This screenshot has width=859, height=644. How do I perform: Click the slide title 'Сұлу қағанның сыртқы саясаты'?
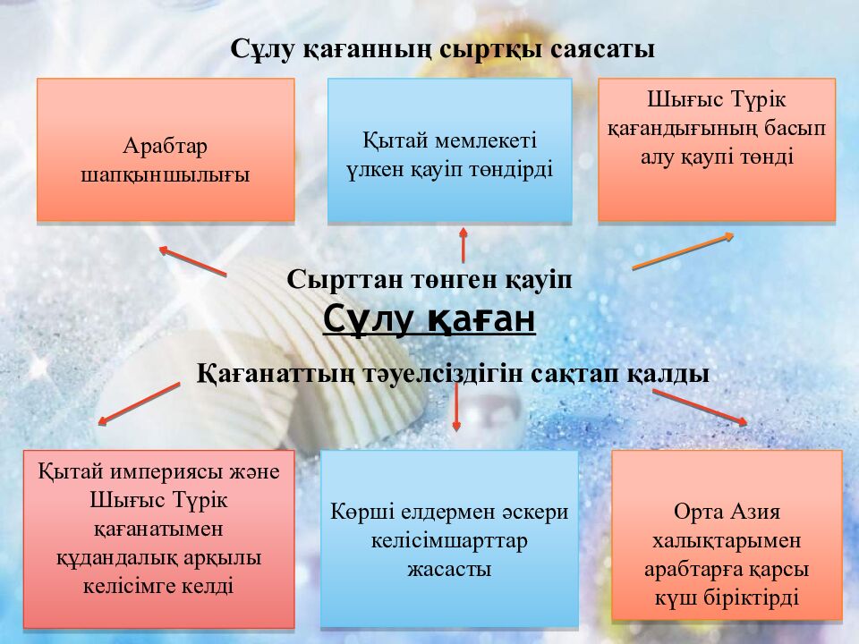pos(443,49)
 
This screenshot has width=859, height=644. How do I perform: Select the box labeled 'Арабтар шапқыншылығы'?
pos(166,149)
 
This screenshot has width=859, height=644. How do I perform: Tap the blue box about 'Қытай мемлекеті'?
pos(449,150)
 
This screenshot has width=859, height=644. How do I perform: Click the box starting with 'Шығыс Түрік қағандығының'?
pos(717,149)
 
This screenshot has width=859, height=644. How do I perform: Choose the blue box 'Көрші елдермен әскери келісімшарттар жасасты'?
pos(449,538)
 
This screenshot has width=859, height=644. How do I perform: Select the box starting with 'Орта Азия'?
pos(727,536)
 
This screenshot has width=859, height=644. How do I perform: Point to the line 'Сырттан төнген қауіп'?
pos(429,279)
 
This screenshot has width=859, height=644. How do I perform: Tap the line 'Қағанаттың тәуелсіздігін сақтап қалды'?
pos(453,373)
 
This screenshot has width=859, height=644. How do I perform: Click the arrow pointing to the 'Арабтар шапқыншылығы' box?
pos(192,260)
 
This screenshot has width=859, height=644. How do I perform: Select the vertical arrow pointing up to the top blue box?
pos(463,244)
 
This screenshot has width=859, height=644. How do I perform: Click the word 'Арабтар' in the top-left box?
pos(166,145)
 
